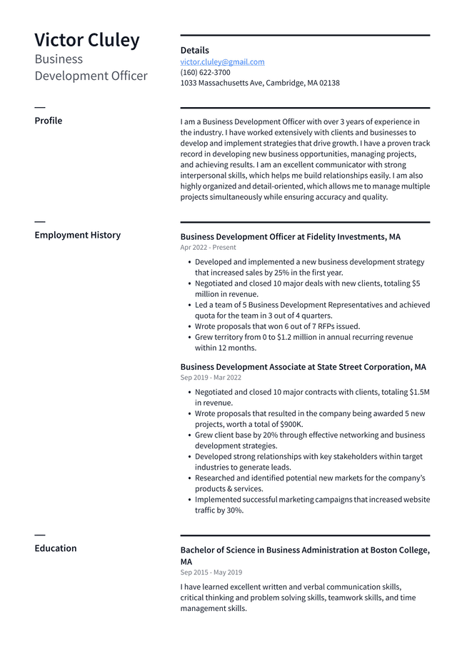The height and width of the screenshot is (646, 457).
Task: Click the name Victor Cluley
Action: (87, 40)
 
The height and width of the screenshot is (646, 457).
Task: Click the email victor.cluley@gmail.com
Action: (222, 62)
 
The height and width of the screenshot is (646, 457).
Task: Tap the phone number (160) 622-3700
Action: (205, 72)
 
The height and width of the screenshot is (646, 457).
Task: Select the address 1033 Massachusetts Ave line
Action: (260, 83)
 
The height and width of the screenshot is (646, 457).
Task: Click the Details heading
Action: (194, 50)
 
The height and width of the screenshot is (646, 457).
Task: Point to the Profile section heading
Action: (49, 121)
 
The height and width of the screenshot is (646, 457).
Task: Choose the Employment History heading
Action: (77, 235)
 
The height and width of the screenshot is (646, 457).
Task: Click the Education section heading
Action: (56, 548)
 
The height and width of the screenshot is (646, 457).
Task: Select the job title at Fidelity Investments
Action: (290, 236)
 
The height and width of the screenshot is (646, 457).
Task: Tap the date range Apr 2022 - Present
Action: (208, 248)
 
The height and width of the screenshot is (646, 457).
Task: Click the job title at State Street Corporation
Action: (303, 367)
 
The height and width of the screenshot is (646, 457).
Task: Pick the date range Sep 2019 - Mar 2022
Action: (211, 378)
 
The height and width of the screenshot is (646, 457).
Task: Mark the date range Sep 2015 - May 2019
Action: (211, 572)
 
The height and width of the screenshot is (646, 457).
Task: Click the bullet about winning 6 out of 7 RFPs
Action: (277, 326)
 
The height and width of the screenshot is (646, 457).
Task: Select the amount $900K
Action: (291, 424)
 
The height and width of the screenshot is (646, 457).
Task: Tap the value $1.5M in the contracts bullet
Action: (419, 392)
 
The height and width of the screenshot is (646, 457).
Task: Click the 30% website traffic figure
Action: (234, 510)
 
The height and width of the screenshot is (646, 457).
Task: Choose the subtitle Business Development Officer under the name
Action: (91, 67)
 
